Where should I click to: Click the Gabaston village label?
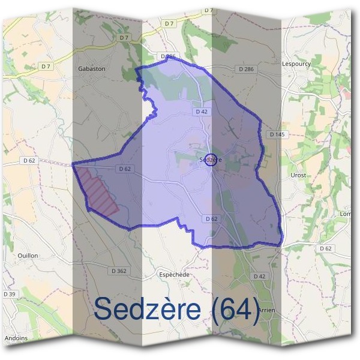point(91,69)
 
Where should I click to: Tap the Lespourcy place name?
point(295,62)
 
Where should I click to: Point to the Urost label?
point(298,175)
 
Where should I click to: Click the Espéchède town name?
point(174,274)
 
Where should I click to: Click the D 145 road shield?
point(276,134)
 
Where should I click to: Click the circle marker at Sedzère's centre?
point(210,159)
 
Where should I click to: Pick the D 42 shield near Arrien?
point(259,276)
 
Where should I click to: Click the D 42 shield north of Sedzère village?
point(200,112)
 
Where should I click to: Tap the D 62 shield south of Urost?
point(325,248)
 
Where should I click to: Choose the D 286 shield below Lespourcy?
point(246,70)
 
